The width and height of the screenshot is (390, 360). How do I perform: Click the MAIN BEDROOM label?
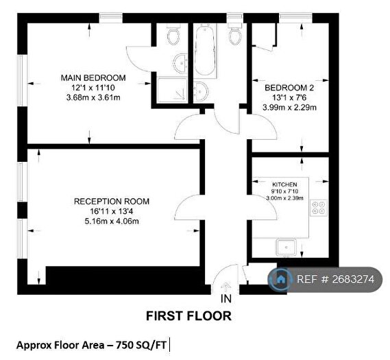pos(92,77)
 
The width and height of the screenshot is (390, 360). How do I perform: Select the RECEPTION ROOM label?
pos(111,201)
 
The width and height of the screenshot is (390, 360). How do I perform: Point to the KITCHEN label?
pos(285,184)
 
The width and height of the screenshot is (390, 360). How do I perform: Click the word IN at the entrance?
pos(226,299)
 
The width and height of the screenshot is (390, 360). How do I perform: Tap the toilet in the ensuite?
pos(172,34)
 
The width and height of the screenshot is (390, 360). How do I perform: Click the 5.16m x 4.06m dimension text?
pos(111,221)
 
